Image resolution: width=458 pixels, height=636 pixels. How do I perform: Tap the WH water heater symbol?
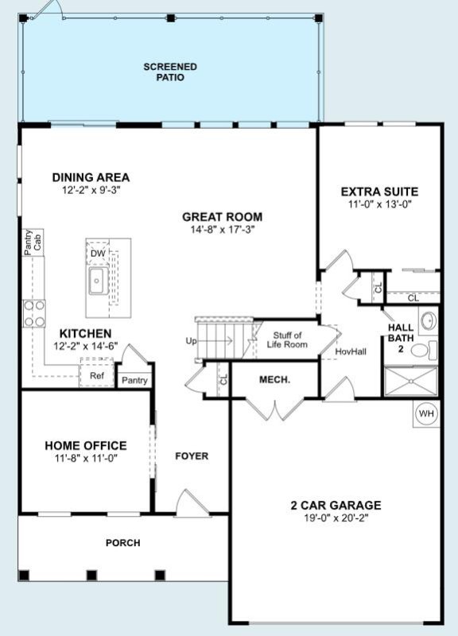click(x=426, y=413)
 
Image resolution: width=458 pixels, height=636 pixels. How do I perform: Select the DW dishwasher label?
click(x=97, y=253)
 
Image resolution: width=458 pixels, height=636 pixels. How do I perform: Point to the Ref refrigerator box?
click(x=96, y=375)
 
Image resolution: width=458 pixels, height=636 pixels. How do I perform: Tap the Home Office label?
click(x=85, y=445)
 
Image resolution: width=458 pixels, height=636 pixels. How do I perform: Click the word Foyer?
click(x=192, y=456)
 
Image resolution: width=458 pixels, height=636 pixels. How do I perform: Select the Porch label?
click(x=122, y=543)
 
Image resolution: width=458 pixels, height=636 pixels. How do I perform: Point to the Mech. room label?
click(x=274, y=380)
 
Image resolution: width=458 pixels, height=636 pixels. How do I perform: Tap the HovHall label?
click(x=350, y=351)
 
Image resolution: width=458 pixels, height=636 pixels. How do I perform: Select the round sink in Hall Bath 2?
click(x=427, y=322)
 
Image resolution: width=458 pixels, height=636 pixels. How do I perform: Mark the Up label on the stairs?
click(x=191, y=341)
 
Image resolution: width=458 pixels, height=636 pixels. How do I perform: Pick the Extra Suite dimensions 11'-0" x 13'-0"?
click(x=379, y=204)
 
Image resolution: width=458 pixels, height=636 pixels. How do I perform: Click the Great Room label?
click(x=222, y=216)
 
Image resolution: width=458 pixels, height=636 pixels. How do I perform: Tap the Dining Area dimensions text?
click(x=90, y=191)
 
